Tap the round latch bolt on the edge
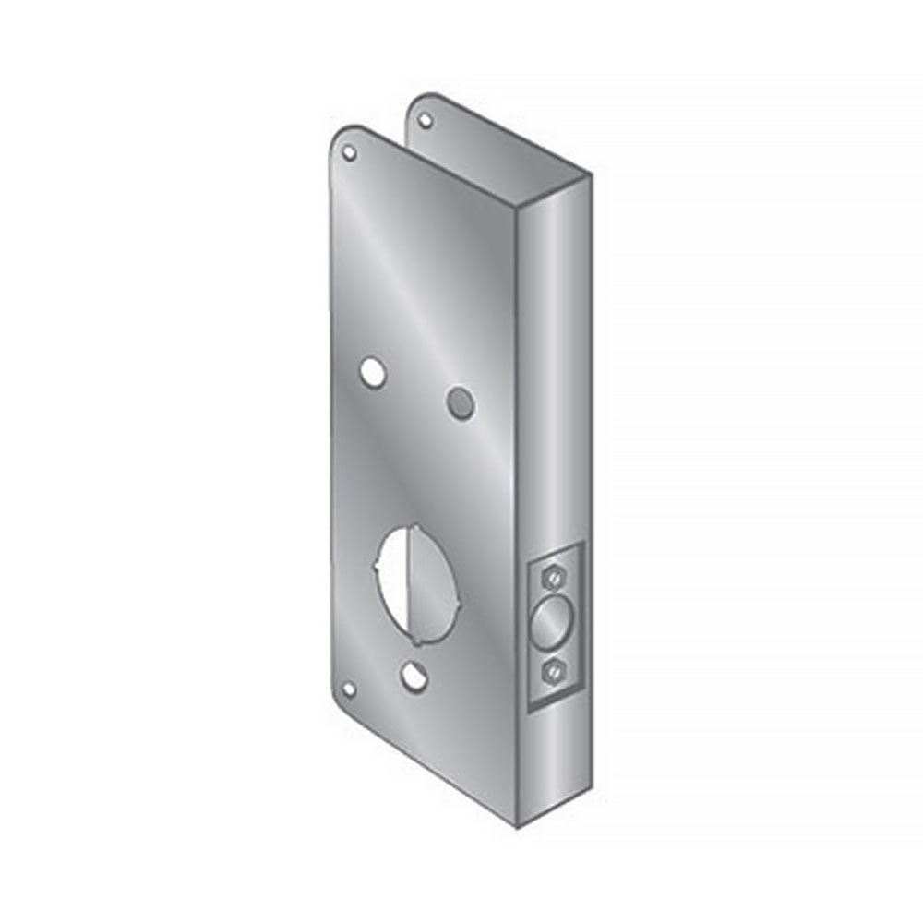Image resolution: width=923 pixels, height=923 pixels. click(x=552, y=624)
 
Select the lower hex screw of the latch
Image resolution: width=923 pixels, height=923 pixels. click(x=551, y=669)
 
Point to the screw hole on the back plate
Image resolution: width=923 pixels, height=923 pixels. click(x=426, y=120)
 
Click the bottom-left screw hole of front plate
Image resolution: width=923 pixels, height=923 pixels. click(x=348, y=688)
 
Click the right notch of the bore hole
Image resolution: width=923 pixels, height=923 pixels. click(x=456, y=603)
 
